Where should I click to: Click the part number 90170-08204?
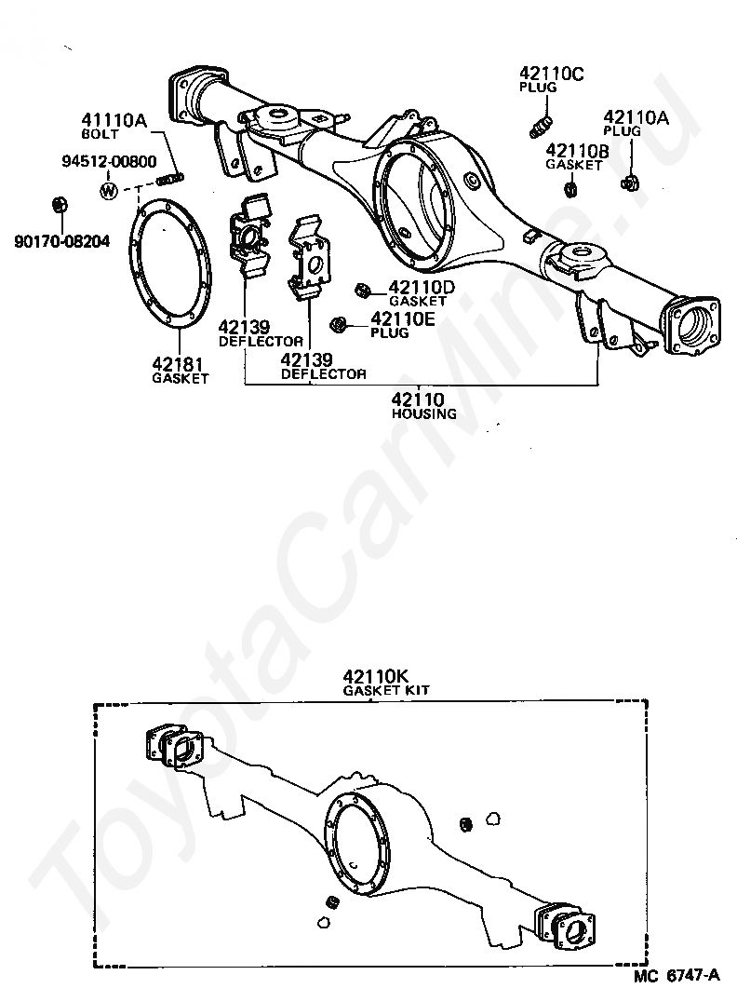tap(61, 241)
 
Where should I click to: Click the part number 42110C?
tap(551, 74)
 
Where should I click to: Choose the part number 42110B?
tap(577, 150)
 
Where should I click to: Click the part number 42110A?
tap(636, 117)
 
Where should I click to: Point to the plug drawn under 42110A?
tap(629, 182)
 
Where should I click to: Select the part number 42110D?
tap(421, 287)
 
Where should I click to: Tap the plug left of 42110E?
tap(340, 323)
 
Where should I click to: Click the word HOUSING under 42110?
tap(423, 413)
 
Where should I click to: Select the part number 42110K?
tap(373, 676)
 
